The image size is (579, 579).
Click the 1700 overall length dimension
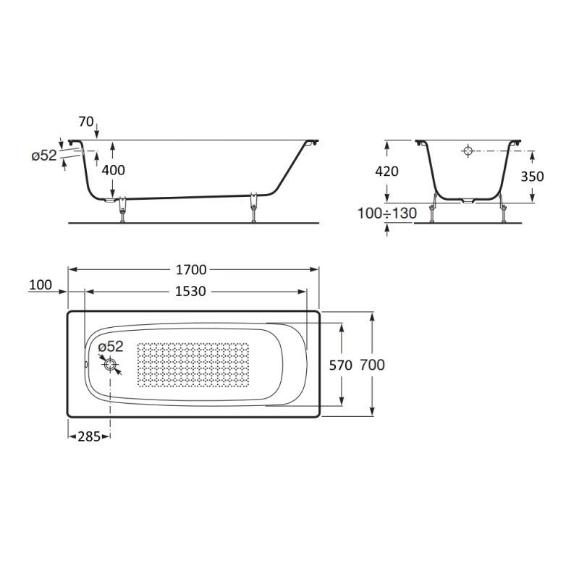tap(191, 270)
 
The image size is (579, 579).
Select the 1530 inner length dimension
tap(190, 292)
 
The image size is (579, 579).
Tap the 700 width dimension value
tap(372, 365)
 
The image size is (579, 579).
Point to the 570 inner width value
tap(340, 365)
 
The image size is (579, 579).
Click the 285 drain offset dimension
tap(89, 437)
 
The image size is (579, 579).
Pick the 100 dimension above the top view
tap(41, 285)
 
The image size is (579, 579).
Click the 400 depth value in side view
tap(114, 170)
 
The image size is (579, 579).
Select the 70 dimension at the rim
tap(86, 122)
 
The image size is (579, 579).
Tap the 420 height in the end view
tap(386, 172)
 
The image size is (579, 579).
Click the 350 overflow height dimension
tap(532, 177)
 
